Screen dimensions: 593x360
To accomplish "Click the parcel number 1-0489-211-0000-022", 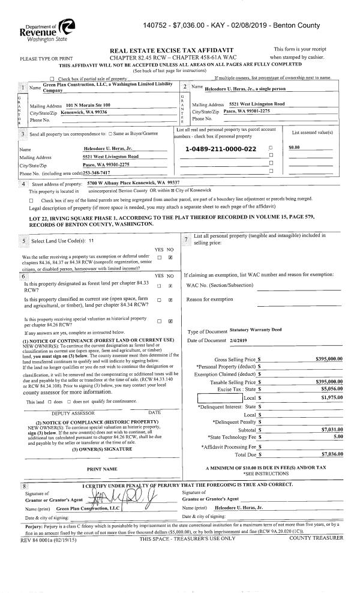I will [220, 148].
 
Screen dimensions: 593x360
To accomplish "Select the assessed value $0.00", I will [294, 148].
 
